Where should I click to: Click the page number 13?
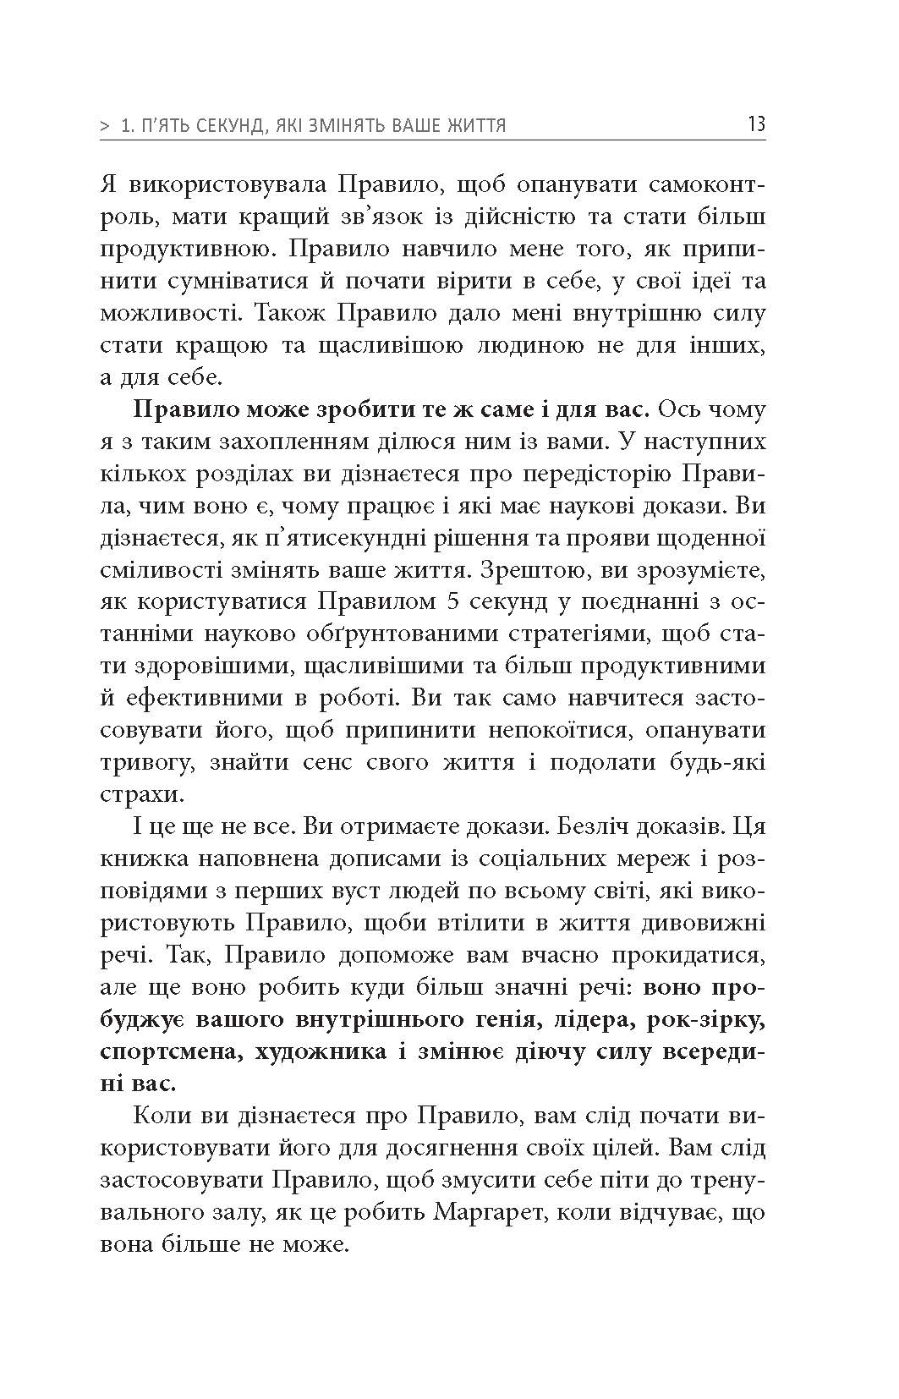click(x=755, y=124)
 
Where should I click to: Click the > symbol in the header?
click(x=105, y=126)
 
